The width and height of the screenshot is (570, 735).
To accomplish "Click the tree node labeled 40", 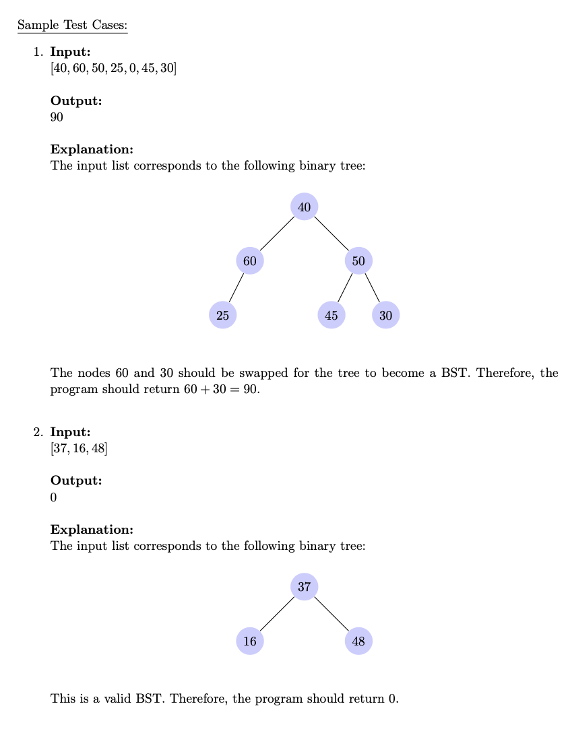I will coord(304,207).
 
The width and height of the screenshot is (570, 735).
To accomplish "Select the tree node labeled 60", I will coord(250,260).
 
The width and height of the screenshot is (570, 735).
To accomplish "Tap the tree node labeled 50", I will coord(358,260).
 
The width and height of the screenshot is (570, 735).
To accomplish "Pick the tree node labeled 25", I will coord(223,314).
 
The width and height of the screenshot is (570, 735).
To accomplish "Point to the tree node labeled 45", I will coord(331,314).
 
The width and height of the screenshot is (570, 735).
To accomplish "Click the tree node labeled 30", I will coord(385,314).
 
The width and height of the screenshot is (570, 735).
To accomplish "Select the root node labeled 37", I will coord(304,586).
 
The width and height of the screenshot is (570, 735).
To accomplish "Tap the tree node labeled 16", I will coord(250,641).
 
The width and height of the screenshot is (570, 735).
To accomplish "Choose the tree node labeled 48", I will coord(358,641).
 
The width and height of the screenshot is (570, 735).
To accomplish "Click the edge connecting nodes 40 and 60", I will coord(277,234).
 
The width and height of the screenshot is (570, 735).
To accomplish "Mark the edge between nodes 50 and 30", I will coord(372,287).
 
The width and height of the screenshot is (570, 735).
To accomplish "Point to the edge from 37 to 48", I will coord(331,614).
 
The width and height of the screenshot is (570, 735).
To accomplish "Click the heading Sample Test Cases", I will coord(72,26).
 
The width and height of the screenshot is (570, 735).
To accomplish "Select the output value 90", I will coord(57,117).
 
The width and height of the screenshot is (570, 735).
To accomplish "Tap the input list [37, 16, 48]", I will coord(79,448).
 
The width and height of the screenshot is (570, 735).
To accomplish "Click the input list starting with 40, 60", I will coord(113,69).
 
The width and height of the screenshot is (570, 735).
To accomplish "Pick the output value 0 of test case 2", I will coord(54,497).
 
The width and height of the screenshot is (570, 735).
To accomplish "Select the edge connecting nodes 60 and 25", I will coord(236,287).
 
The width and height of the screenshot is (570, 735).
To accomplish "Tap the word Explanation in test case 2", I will coord(92,529).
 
